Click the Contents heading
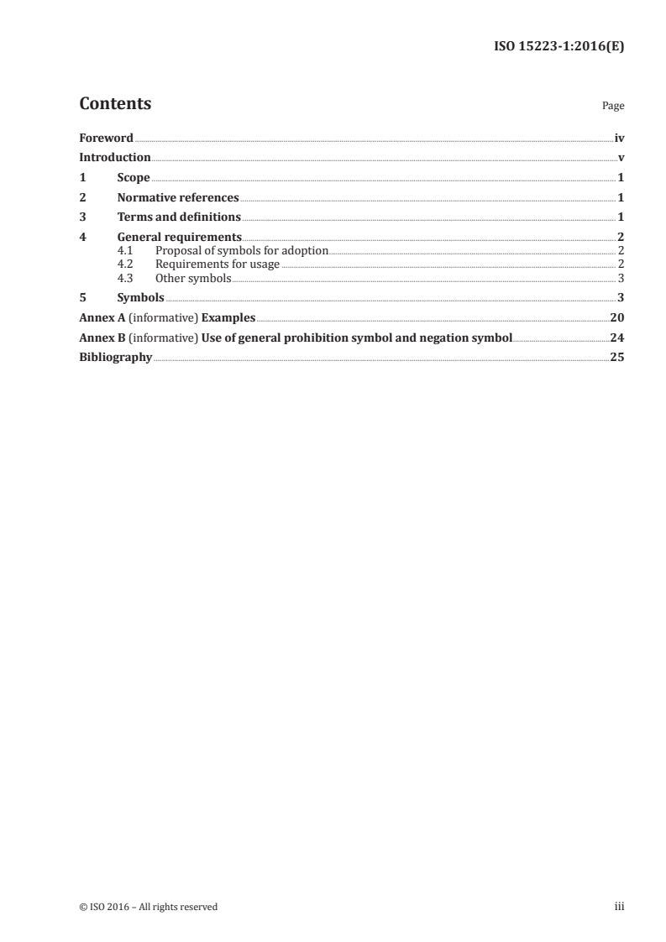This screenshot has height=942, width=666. [115, 104]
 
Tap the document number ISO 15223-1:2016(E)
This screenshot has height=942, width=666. [558, 47]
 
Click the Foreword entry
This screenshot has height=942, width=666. [106, 138]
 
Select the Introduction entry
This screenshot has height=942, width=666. [114, 158]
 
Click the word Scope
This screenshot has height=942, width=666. [134, 178]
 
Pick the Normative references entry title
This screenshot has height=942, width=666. [178, 198]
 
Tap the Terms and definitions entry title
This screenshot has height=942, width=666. [179, 218]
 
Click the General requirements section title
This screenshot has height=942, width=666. [180, 238]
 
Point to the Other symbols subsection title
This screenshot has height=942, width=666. [193, 278]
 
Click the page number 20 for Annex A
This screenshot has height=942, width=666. [617, 317]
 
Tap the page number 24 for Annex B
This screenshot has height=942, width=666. [617, 338]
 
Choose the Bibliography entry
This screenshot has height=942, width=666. [115, 358]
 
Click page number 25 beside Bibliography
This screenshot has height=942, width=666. [617, 358]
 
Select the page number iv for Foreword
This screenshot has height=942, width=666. [619, 138]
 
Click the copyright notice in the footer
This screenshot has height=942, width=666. [148, 907]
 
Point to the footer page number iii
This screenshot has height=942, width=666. [620, 907]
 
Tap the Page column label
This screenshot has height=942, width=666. [613, 107]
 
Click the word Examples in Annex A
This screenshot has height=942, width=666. [228, 317]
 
